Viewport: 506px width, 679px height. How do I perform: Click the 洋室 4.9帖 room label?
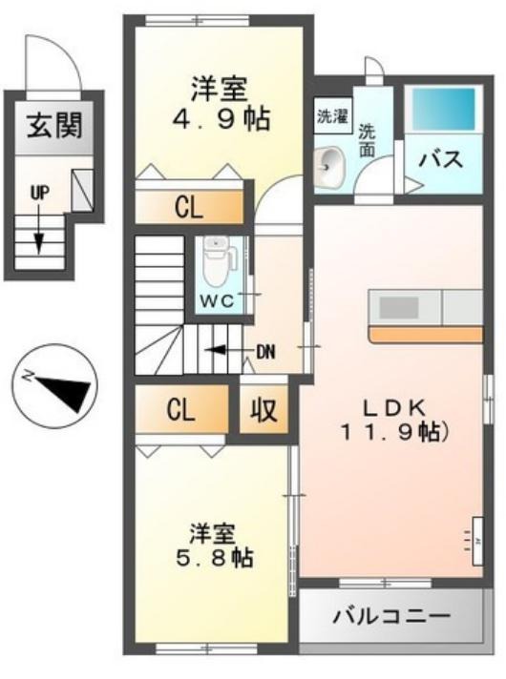[x=217, y=106]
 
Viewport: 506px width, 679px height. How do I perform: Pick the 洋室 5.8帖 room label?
[x=218, y=546]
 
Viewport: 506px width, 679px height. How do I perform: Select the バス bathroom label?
[x=441, y=158]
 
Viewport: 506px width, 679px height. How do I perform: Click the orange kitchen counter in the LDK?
[x=426, y=334]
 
